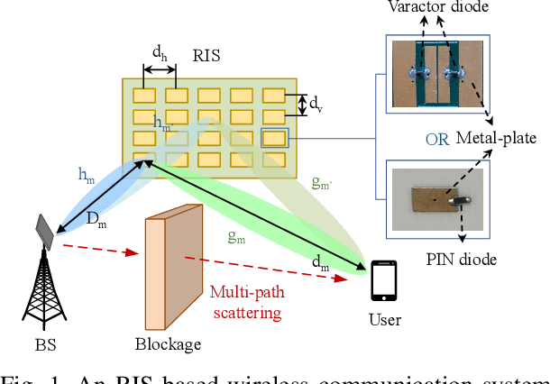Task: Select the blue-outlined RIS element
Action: click(274, 138)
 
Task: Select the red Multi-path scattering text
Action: click(245, 301)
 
